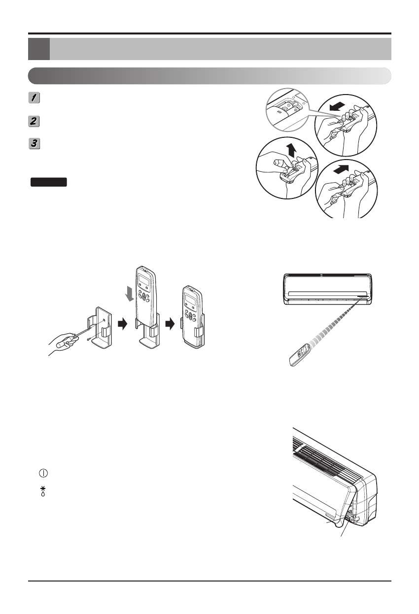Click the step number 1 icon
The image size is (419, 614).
tap(34, 98)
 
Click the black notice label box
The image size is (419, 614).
tap(48, 182)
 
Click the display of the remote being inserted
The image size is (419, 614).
tap(144, 282)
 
